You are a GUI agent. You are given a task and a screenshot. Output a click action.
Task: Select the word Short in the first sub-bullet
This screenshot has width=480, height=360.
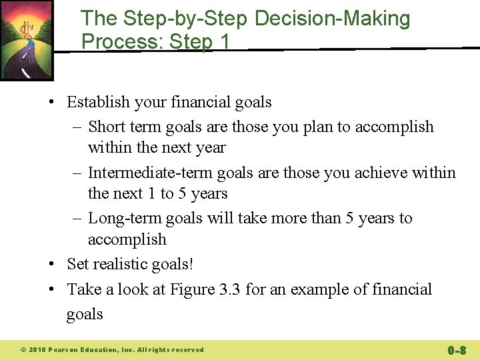click(103, 127)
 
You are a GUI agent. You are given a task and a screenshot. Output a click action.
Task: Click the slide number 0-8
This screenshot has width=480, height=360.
click(457, 349)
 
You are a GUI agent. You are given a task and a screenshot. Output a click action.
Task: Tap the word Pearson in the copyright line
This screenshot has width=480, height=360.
click(65, 350)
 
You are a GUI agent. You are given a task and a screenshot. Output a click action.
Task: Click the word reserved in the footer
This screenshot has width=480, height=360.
click(188, 350)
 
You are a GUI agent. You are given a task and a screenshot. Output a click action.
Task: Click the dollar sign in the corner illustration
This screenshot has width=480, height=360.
click(27, 30)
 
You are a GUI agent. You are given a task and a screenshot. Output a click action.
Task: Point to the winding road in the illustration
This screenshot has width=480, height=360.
click(20, 63)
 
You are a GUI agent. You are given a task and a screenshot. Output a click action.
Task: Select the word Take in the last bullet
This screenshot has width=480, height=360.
click(81, 289)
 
